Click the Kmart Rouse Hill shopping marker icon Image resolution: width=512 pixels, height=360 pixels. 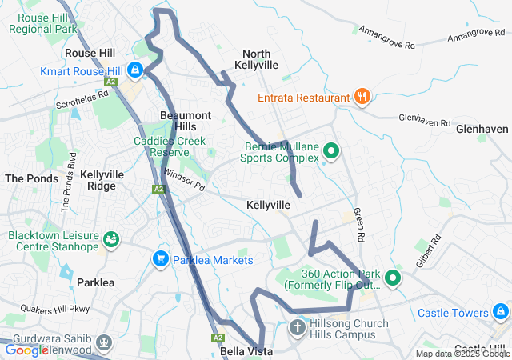pos(135,70)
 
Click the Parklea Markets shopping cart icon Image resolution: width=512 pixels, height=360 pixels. pos(160,259)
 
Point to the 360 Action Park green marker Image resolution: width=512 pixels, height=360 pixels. pos(392,278)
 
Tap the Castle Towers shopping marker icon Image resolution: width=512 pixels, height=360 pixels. pos(501,312)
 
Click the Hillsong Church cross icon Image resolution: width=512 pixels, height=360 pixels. pos(297,328)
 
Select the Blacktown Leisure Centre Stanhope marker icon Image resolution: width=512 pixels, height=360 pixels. pos(111,239)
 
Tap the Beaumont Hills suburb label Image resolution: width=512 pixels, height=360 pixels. pos(185,121)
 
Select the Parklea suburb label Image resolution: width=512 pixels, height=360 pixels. pos(96,282)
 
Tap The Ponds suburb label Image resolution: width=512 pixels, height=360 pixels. pos(32,178)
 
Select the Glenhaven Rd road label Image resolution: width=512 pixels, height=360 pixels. pos(425,120)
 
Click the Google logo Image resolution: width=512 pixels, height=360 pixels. pos(26,350)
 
